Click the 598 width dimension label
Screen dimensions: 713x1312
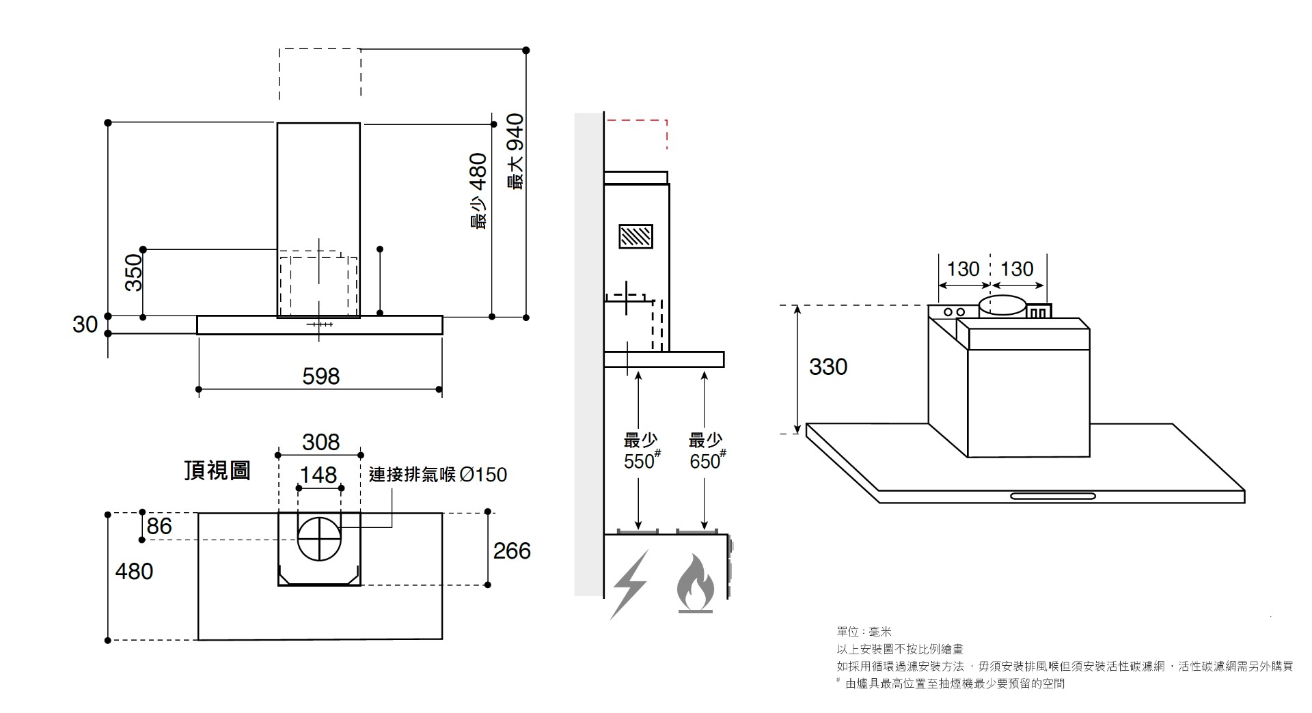[x=320, y=376]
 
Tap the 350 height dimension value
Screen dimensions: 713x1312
[x=134, y=272]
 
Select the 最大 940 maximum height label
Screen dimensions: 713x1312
[x=515, y=152]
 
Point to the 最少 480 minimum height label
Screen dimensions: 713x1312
[x=478, y=191]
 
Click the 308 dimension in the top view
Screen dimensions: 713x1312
[x=320, y=442]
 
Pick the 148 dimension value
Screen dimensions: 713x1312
[x=318, y=474]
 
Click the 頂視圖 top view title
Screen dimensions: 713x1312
[x=217, y=471]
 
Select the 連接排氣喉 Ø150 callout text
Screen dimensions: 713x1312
[x=438, y=474]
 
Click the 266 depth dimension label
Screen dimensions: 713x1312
[x=512, y=550]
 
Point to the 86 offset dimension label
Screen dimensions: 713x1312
[x=159, y=526]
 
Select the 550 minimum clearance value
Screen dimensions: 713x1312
[x=639, y=462]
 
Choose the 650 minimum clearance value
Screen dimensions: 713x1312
[x=705, y=462]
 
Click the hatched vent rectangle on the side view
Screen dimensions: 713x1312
[x=635, y=236]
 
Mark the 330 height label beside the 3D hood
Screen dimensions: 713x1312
[x=828, y=367]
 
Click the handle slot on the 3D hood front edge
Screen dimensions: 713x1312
[x=1053, y=496]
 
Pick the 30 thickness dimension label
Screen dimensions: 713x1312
[x=85, y=324]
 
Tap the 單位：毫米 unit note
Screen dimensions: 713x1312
[x=864, y=632]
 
